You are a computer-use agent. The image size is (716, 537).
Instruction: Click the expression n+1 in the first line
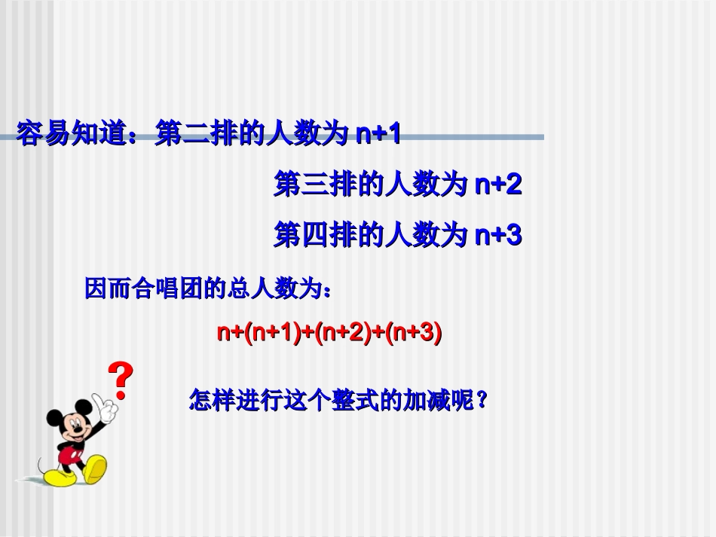click(377, 135)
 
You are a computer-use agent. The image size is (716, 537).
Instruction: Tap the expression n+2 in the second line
click(498, 185)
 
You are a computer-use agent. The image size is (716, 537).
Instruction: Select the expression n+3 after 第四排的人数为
click(498, 236)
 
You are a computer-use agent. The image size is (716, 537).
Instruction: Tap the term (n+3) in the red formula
click(413, 332)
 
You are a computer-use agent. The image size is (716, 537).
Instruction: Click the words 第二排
click(193, 135)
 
